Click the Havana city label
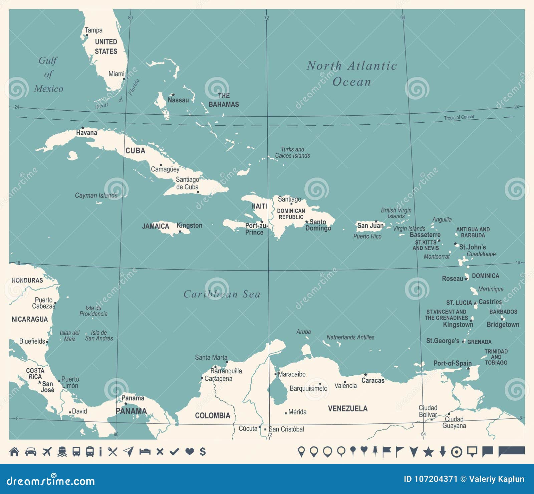(x=86, y=133)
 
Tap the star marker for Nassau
(x=173, y=95)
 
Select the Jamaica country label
(x=156, y=226)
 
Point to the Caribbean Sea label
(x=222, y=294)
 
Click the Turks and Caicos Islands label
(x=292, y=152)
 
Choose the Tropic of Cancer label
(x=459, y=117)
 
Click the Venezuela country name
(x=347, y=408)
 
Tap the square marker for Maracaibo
(x=276, y=374)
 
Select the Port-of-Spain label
(x=452, y=363)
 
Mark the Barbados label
(x=503, y=312)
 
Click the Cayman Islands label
(x=96, y=195)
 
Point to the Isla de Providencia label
(x=93, y=311)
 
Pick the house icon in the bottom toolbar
(x=14, y=452)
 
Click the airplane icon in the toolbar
(x=47, y=452)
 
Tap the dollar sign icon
(x=203, y=452)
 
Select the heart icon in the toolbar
(x=189, y=452)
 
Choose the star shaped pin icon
(x=428, y=452)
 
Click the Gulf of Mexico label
(x=48, y=75)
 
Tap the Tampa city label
(x=93, y=30)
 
